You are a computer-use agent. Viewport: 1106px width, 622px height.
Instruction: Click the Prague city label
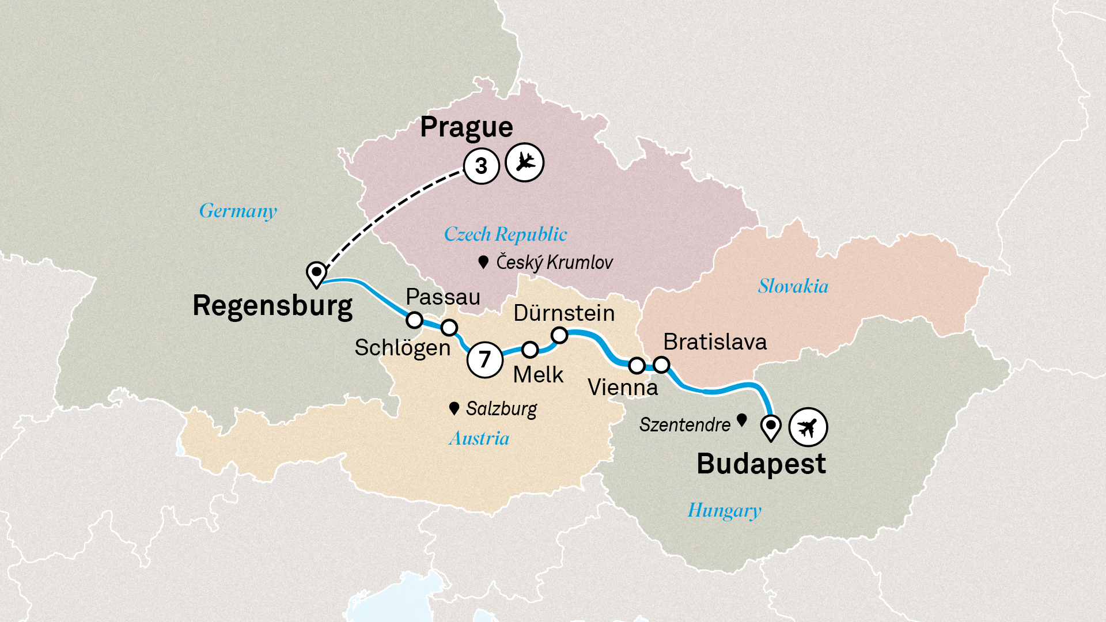click(x=466, y=127)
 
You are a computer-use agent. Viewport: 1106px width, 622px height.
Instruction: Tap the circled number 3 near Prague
click(x=481, y=166)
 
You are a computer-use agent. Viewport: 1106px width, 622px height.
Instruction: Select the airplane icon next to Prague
click(x=524, y=162)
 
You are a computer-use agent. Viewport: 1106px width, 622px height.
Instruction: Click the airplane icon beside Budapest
click(x=808, y=427)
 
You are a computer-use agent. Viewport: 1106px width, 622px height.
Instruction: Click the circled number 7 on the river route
click(x=484, y=360)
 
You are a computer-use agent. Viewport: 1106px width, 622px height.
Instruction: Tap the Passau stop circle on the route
click(x=414, y=320)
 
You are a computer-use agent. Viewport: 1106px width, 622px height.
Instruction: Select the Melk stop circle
click(x=530, y=350)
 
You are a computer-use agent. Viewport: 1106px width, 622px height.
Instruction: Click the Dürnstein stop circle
click(x=559, y=335)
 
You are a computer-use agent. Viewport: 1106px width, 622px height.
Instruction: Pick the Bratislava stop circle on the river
click(x=661, y=365)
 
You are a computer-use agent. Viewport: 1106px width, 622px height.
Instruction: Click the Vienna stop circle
click(x=637, y=365)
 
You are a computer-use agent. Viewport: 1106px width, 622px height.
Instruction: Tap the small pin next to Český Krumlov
click(x=483, y=263)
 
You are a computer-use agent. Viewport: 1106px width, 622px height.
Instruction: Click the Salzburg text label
click(x=501, y=409)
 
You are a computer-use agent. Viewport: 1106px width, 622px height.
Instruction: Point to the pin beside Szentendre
click(x=742, y=420)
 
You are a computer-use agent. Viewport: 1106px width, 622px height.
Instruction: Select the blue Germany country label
click(x=238, y=211)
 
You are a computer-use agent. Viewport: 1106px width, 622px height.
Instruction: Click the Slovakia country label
click(x=793, y=286)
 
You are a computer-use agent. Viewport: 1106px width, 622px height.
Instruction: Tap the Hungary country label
click(x=724, y=510)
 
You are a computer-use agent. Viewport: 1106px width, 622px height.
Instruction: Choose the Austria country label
click(x=479, y=439)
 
